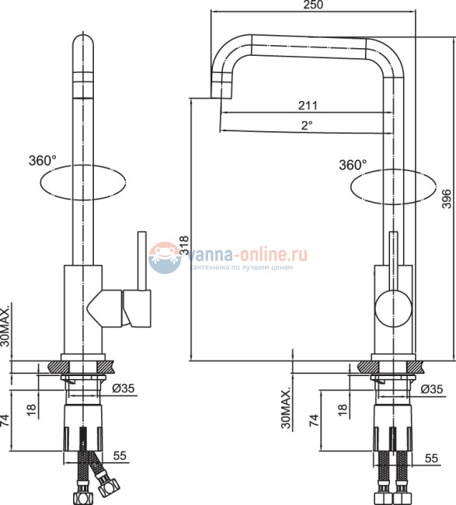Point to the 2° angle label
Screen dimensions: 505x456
(x=308, y=124)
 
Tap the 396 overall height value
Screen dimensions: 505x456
(x=446, y=199)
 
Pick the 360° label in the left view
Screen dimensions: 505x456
(x=42, y=161)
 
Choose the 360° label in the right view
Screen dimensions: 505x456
(x=352, y=165)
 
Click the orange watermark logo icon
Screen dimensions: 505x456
(x=164, y=257)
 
